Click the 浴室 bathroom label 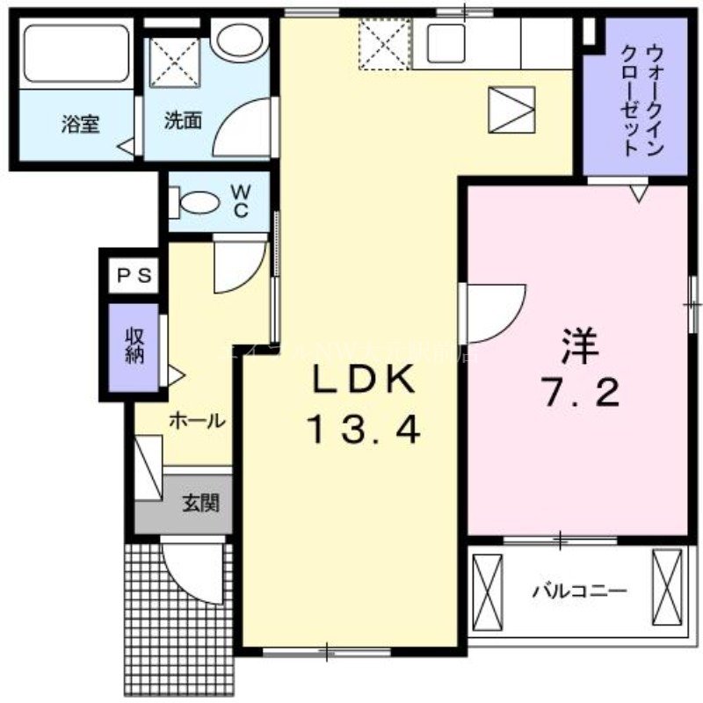[80, 124]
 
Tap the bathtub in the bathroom [76, 54]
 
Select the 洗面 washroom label [183, 120]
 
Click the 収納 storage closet [134, 347]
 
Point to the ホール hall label [195, 420]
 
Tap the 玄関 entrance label [200, 504]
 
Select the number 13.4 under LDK [364, 430]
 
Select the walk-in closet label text [641, 98]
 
